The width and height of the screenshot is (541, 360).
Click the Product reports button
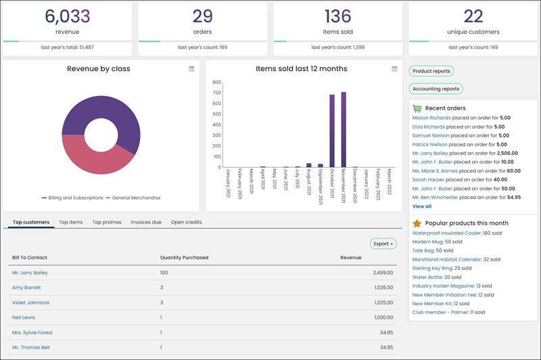[431, 71]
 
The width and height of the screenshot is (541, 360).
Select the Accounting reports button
[436, 89]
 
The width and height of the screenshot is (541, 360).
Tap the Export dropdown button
[383, 244]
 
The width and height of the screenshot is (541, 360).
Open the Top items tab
[71, 222]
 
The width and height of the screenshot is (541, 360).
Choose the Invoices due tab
[146, 222]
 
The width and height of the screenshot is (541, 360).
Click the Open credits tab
[187, 222]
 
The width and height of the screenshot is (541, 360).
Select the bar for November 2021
[344, 129]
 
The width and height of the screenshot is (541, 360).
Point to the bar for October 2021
[332, 131]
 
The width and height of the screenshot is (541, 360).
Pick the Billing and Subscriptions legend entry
[72, 198]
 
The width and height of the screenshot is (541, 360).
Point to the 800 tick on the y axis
[216, 82]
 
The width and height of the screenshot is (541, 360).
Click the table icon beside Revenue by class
[191, 69]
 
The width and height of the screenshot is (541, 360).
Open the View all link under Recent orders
[421, 206]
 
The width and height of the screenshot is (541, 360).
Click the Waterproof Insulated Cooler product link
[447, 233]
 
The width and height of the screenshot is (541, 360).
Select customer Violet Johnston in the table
[30, 302]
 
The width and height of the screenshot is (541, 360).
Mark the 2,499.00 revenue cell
[383, 273]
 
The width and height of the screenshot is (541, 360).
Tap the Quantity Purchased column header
[184, 258]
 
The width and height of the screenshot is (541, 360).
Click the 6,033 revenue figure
[67, 16]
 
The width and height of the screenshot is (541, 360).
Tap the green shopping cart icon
[417, 108]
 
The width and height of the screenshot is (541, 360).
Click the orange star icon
[417, 223]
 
